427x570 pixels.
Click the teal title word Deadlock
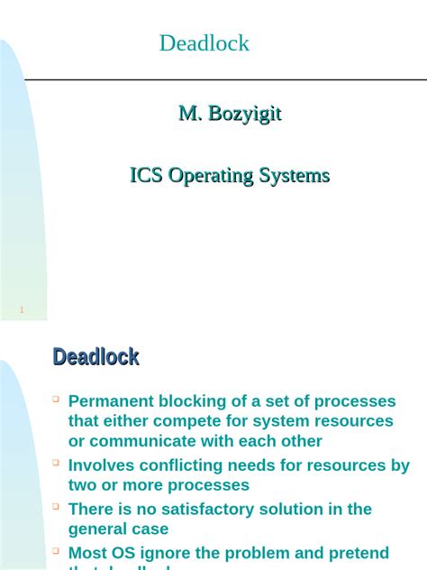(204, 43)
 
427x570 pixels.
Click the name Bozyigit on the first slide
(244, 114)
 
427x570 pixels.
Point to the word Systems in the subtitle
(295, 176)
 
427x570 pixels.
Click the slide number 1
(21, 311)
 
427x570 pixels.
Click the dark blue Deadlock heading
(95, 357)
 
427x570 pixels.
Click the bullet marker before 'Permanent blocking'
(56, 398)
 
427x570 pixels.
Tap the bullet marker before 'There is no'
(56, 506)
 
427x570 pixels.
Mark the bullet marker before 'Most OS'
(56, 549)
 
